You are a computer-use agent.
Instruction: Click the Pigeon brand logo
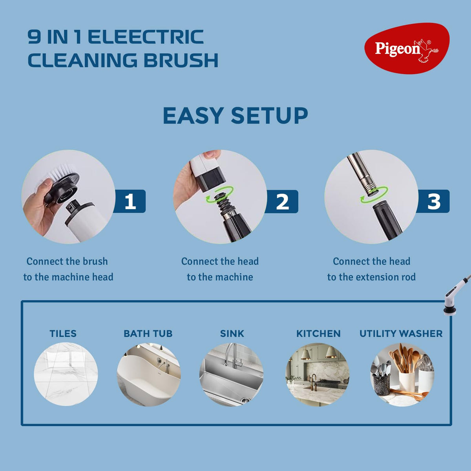point(407,49)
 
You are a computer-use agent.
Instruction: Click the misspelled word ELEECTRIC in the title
point(146,37)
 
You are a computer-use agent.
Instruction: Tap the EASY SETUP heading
point(235,116)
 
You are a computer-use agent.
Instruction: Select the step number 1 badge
point(130,201)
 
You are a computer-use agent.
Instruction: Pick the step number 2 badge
point(282,202)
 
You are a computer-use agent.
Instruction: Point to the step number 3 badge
point(433,201)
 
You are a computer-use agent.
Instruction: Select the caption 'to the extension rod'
point(371,277)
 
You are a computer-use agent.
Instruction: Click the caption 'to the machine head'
point(68,277)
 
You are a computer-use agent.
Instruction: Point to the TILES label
point(63,334)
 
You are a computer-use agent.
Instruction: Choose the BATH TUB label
point(148,334)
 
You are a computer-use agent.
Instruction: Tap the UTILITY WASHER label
point(401,334)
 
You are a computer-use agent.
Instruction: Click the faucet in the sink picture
point(232,355)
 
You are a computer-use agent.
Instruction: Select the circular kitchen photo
point(318,375)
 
